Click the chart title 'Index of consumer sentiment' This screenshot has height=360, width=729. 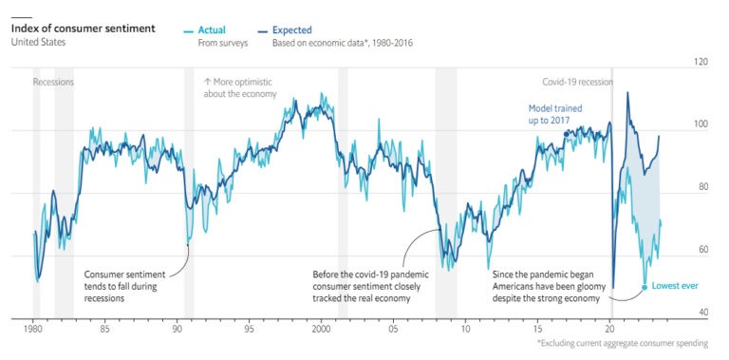click(83, 28)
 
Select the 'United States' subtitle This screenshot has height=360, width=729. click(38, 42)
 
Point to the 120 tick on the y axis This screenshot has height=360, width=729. click(701, 63)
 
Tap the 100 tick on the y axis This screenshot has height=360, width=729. click(701, 125)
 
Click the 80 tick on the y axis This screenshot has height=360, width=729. click(702, 188)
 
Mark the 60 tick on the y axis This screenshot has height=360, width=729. click(702, 251)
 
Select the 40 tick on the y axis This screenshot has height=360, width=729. click(702, 313)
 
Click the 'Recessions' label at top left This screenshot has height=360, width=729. click(53, 83)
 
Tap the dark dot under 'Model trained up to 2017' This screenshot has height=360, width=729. click(567, 134)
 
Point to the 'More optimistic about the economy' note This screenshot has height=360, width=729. click(240, 87)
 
